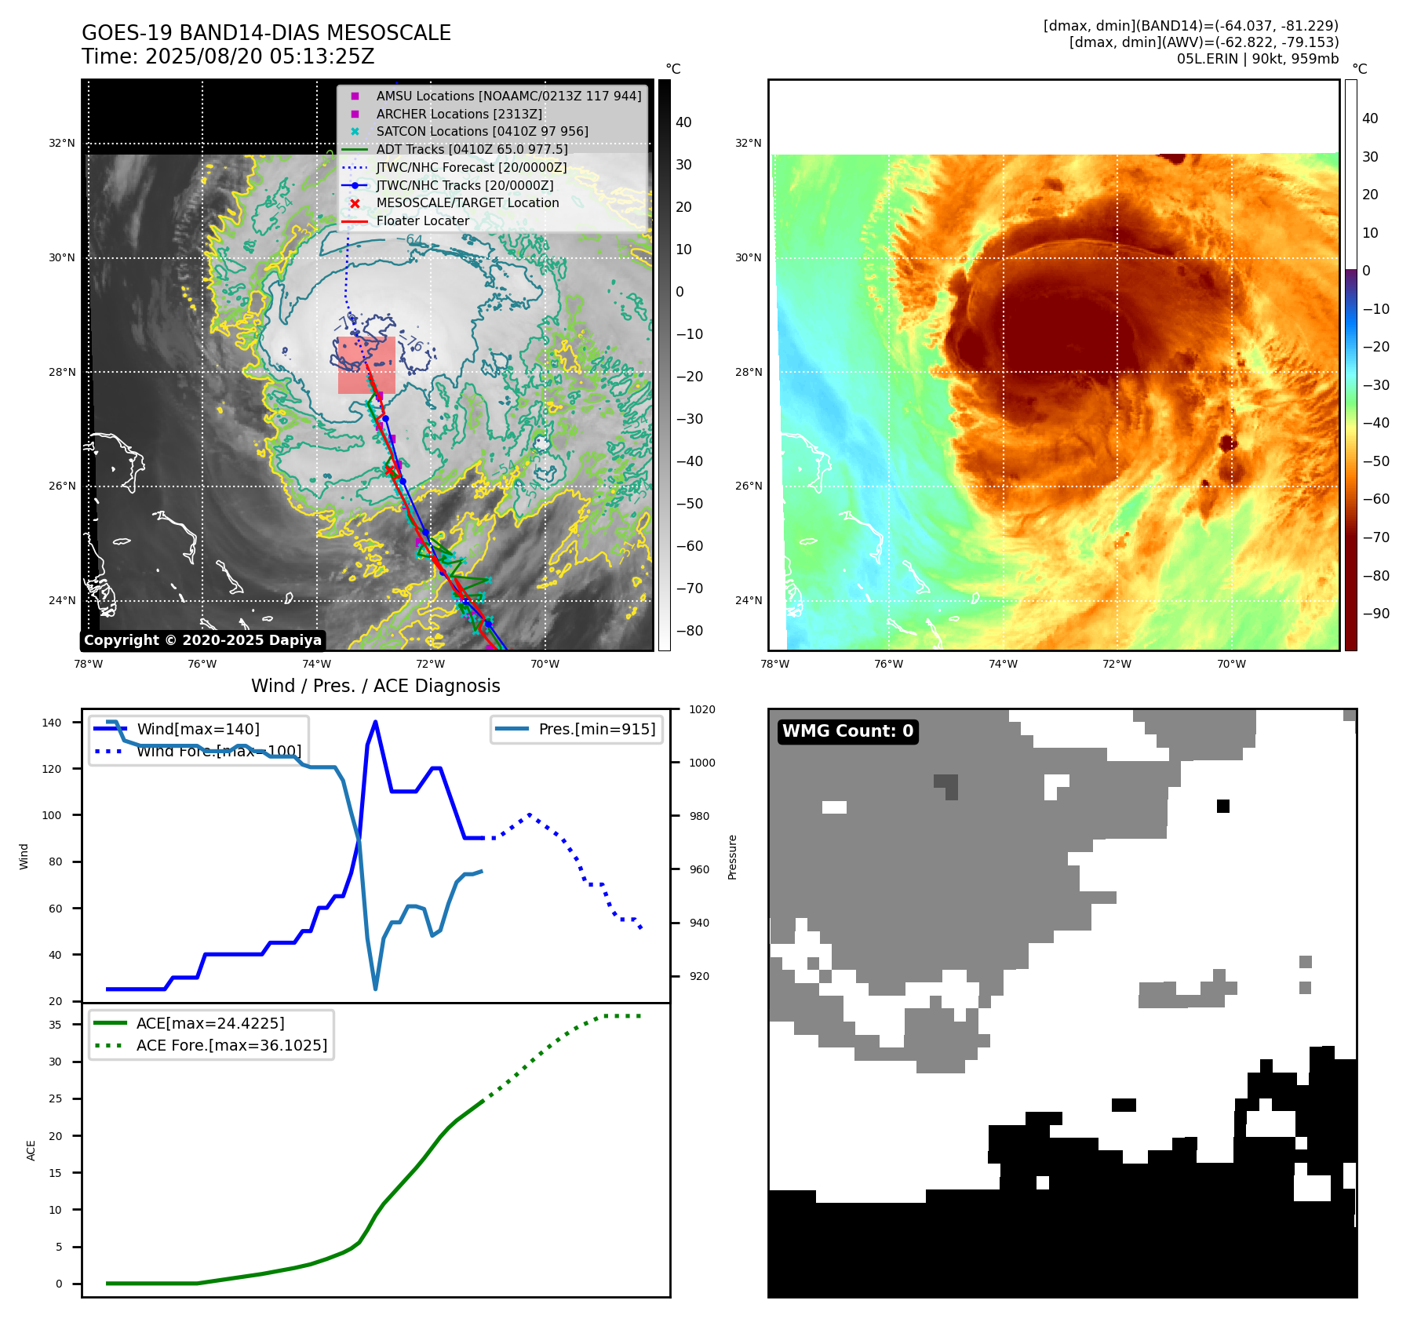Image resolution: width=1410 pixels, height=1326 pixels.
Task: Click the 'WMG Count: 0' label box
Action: (x=847, y=731)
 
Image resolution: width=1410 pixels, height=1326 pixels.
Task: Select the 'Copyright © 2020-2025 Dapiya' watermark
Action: (x=202, y=640)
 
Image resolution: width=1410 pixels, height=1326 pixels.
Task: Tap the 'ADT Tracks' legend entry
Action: (x=471, y=149)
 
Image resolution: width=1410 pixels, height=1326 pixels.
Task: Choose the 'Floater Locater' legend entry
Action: (x=422, y=221)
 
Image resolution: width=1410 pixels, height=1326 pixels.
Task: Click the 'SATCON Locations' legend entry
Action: (x=482, y=131)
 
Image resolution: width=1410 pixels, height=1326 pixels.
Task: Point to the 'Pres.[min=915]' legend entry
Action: (x=596, y=729)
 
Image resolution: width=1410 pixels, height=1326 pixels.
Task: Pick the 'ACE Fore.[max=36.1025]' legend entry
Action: (x=231, y=1045)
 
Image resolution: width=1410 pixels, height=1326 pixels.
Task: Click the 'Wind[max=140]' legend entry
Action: (x=198, y=729)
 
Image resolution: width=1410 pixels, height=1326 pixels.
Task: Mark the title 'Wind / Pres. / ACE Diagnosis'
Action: (x=375, y=686)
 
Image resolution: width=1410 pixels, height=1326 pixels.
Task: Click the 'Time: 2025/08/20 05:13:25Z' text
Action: (x=228, y=56)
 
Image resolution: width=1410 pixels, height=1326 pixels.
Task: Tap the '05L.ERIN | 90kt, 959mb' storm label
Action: (x=1257, y=59)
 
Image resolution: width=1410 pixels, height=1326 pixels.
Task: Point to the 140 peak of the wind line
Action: (x=376, y=722)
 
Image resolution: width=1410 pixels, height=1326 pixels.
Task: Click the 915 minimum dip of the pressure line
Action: (x=376, y=989)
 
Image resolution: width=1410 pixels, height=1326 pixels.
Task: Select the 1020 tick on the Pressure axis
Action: (x=701, y=709)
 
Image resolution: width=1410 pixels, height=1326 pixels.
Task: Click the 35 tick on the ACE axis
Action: (x=55, y=1025)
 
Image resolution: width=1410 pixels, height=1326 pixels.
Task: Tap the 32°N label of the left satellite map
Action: (x=62, y=144)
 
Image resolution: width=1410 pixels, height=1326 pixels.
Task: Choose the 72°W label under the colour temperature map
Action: (x=1117, y=664)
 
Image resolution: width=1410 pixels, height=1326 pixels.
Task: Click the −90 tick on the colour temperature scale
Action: (x=1375, y=614)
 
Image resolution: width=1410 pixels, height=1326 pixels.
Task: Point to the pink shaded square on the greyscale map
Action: (x=366, y=366)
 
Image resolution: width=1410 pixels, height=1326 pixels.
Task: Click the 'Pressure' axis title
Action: (x=732, y=857)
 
